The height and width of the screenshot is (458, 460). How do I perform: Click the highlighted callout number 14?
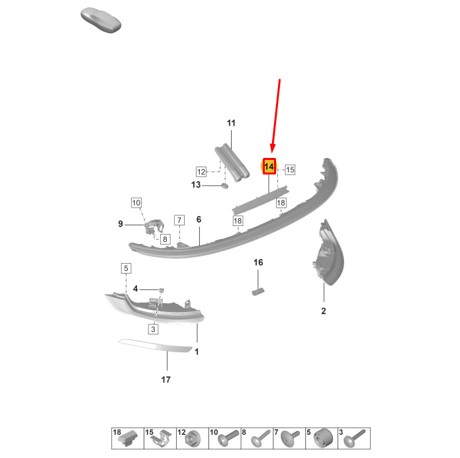(x=269, y=167)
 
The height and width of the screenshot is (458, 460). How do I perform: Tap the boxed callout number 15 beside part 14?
(x=290, y=170)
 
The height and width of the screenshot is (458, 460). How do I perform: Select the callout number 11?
(x=231, y=123)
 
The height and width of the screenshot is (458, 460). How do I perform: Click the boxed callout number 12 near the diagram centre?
(x=201, y=172)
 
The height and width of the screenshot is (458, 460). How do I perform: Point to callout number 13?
(x=196, y=185)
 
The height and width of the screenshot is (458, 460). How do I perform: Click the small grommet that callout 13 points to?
(x=224, y=186)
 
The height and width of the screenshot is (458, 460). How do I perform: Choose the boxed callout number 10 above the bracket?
(x=136, y=203)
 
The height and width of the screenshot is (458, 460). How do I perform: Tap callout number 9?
(x=120, y=224)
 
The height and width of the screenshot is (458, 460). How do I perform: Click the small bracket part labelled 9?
(x=154, y=227)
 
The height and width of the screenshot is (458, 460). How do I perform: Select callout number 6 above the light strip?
(x=199, y=219)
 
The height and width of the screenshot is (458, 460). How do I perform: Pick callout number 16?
(x=258, y=262)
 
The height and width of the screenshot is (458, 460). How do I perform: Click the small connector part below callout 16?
(x=258, y=291)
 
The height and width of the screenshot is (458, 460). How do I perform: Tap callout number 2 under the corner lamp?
(x=324, y=311)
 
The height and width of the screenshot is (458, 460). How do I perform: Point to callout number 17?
(x=165, y=380)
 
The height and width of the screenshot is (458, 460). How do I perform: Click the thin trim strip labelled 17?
(x=156, y=346)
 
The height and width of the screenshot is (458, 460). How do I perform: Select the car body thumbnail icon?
(x=101, y=20)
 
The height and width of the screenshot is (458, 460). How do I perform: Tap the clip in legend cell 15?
(x=161, y=439)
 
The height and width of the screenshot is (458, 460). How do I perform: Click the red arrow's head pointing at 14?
(x=273, y=148)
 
